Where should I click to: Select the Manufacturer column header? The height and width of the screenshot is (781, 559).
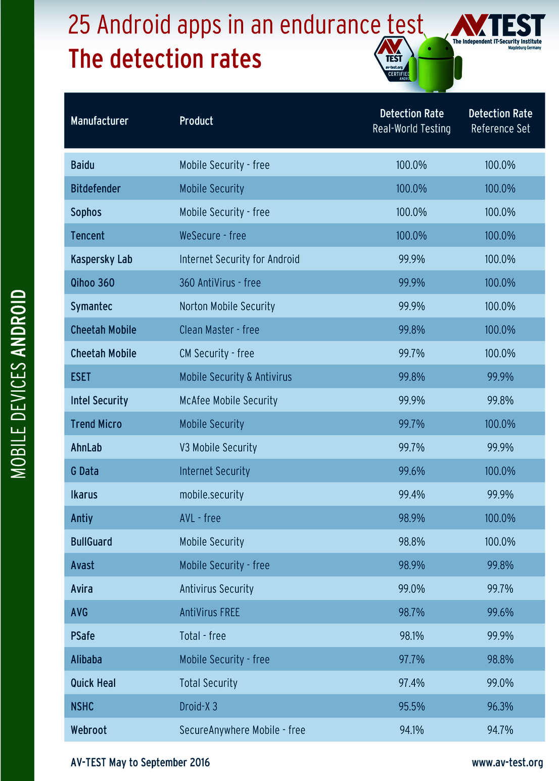tap(100, 121)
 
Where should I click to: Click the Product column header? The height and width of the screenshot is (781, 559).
tap(196, 121)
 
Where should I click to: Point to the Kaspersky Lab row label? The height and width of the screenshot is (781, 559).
tap(102, 259)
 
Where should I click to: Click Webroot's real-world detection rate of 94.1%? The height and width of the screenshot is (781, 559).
tap(411, 730)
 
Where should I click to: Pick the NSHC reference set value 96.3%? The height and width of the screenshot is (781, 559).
tap(500, 706)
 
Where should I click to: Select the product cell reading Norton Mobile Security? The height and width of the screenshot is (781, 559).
tap(227, 306)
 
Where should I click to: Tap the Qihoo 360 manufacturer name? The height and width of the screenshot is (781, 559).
tap(92, 283)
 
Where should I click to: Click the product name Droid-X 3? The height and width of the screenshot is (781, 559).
tap(198, 706)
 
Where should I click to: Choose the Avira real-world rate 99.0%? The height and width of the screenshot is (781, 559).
tap(411, 589)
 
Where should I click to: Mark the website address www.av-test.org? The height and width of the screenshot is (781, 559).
tap(507, 762)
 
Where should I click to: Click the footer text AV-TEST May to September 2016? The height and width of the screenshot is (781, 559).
tap(140, 762)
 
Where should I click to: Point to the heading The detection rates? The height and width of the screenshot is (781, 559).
tap(165, 59)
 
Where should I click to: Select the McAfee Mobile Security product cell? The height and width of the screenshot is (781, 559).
tap(228, 400)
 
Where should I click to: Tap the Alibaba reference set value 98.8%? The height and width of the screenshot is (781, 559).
tap(500, 659)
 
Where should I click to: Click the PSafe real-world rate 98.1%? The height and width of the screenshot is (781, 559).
tap(411, 636)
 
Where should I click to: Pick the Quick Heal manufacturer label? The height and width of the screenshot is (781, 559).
tap(93, 683)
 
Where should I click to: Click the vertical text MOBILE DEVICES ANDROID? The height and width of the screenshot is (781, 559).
tap(18, 384)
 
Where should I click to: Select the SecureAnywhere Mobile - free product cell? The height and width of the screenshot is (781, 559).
tap(242, 730)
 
